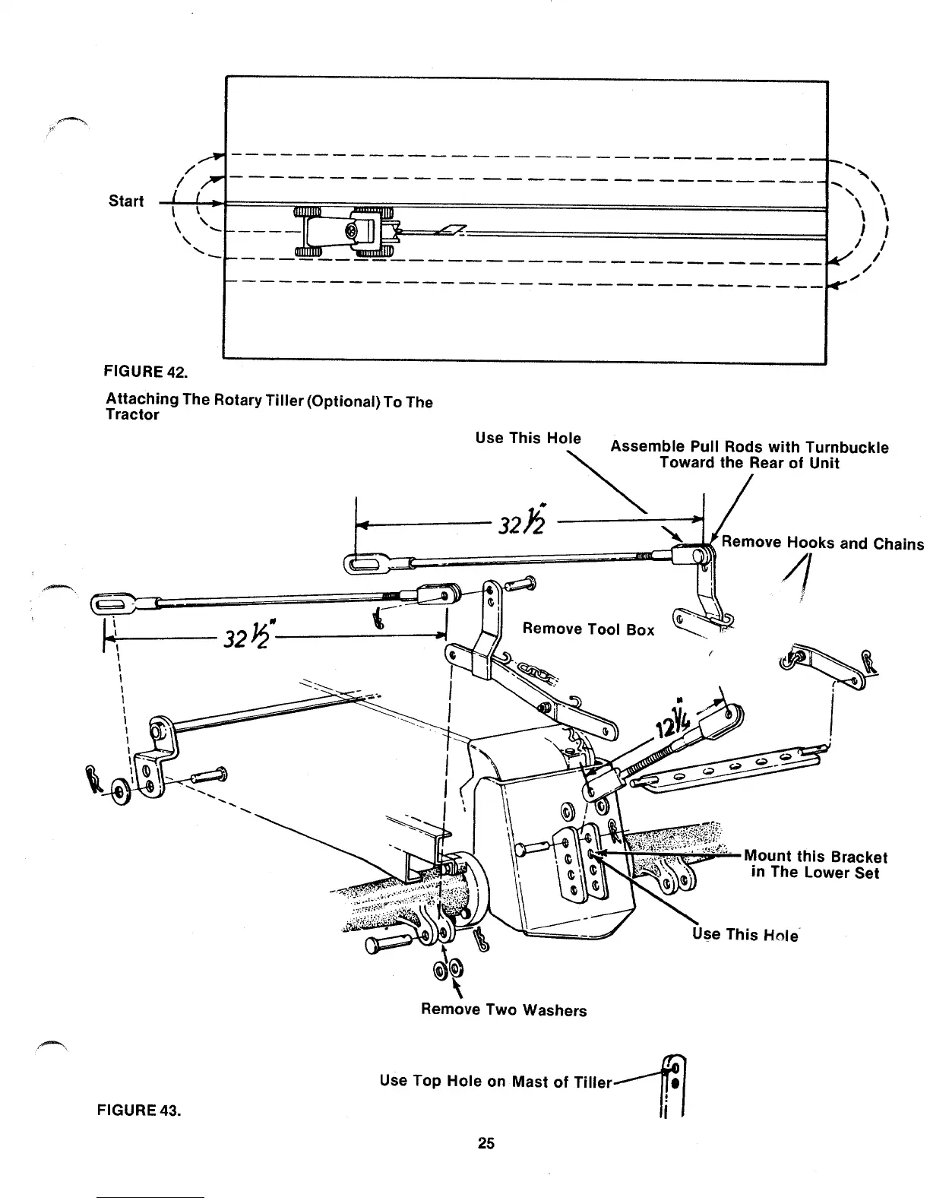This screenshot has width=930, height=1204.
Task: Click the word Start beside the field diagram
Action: coord(125,201)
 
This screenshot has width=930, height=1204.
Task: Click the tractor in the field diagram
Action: coord(345,230)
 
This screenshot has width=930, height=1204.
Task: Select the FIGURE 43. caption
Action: coord(138,1111)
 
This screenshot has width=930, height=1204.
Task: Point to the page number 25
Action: coord(486,1143)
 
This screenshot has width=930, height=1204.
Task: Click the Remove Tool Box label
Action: coord(588,629)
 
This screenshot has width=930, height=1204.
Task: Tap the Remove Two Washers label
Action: coord(504,1010)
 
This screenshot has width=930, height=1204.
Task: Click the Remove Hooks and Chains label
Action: coord(822,543)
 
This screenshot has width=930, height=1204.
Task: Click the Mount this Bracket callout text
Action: coord(815,864)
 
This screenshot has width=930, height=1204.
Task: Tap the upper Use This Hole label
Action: coord(527,438)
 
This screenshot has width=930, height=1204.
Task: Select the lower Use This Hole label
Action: coord(745,934)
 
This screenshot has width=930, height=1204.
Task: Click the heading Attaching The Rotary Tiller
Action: coord(269,407)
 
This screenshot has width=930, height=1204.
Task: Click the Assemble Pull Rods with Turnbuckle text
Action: coord(749,455)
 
